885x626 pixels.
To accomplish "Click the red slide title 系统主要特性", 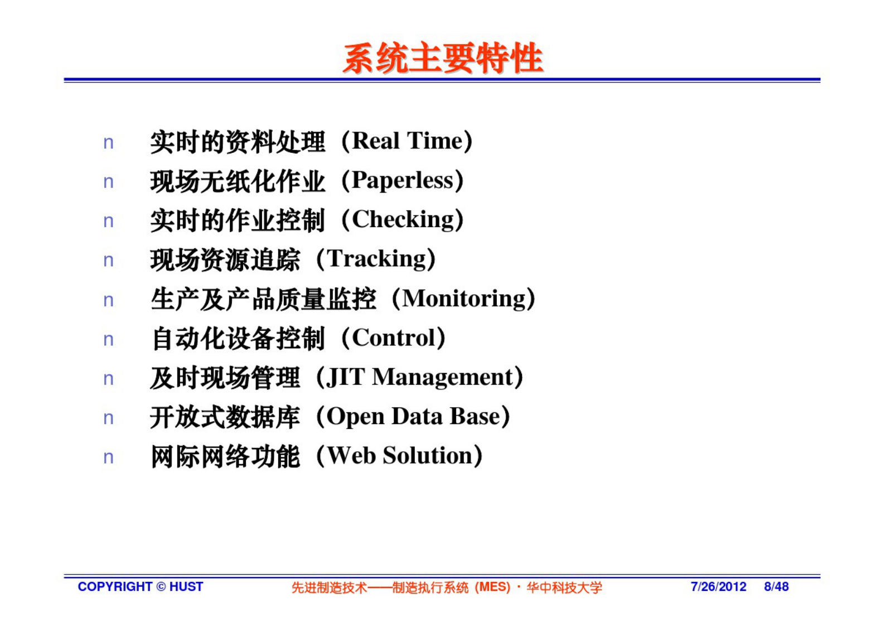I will click(443, 58).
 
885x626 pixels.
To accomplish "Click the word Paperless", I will click(402, 181).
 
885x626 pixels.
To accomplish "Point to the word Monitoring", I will click(463, 298).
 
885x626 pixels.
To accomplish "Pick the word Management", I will click(442, 377).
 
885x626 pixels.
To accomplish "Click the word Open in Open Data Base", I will click(355, 417).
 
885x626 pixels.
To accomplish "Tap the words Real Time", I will click(407, 141).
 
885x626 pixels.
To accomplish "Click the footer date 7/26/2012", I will click(718, 586).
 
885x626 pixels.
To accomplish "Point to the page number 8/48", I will click(776, 586).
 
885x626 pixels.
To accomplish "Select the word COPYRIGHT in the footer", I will click(115, 586).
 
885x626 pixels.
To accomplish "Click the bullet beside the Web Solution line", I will click(108, 458).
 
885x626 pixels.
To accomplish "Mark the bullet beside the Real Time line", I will click(108, 143).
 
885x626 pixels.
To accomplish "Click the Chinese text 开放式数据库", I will click(225, 417).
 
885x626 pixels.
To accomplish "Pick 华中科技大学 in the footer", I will click(564, 587).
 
